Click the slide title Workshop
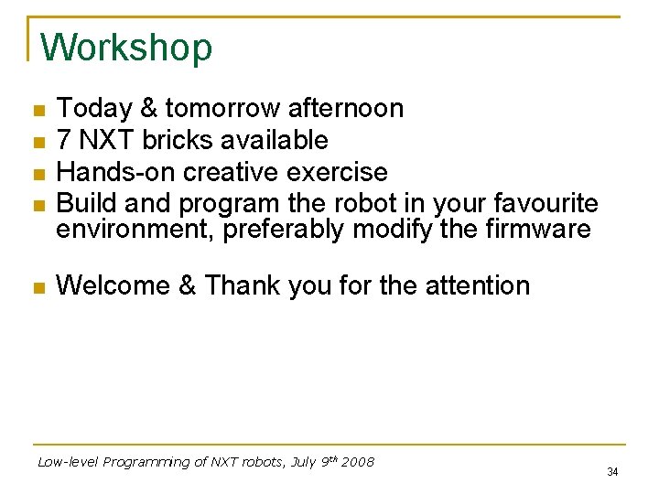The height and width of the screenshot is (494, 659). point(126,48)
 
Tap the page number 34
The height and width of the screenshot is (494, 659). point(612,472)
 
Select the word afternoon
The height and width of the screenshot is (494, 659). point(346,109)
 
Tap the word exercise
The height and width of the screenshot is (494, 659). point(339,172)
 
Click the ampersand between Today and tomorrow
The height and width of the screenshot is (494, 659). point(148,109)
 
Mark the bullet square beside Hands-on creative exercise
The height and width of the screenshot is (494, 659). point(38,173)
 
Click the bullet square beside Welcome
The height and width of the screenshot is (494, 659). point(38,287)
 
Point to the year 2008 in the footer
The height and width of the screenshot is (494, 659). point(358,462)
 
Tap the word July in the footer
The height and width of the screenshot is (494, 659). point(304,462)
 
